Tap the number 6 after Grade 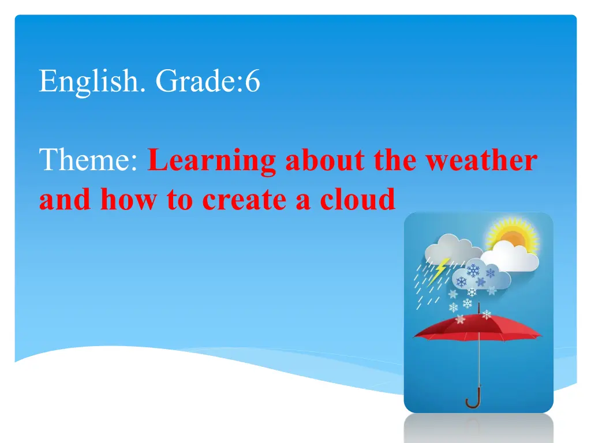click(253, 81)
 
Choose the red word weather click(481, 160)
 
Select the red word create click(244, 200)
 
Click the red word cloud click(357, 198)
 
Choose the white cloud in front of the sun click(510, 256)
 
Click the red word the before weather click(395, 160)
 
